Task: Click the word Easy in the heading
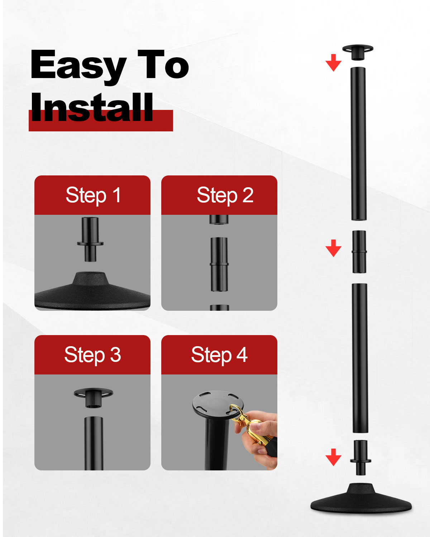[78, 67]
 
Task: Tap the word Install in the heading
[91, 107]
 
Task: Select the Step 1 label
[93, 195]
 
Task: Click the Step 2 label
[225, 195]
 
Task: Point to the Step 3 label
[93, 355]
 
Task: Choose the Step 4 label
[219, 355]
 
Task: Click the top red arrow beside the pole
[333, 63]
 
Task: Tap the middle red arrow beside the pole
[333, 248]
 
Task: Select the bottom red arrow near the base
[333, 457]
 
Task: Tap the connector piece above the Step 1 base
[90, 239]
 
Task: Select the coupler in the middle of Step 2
[219, 264]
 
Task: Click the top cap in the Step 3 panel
[93, 397]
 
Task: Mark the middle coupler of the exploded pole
[359, 252]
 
